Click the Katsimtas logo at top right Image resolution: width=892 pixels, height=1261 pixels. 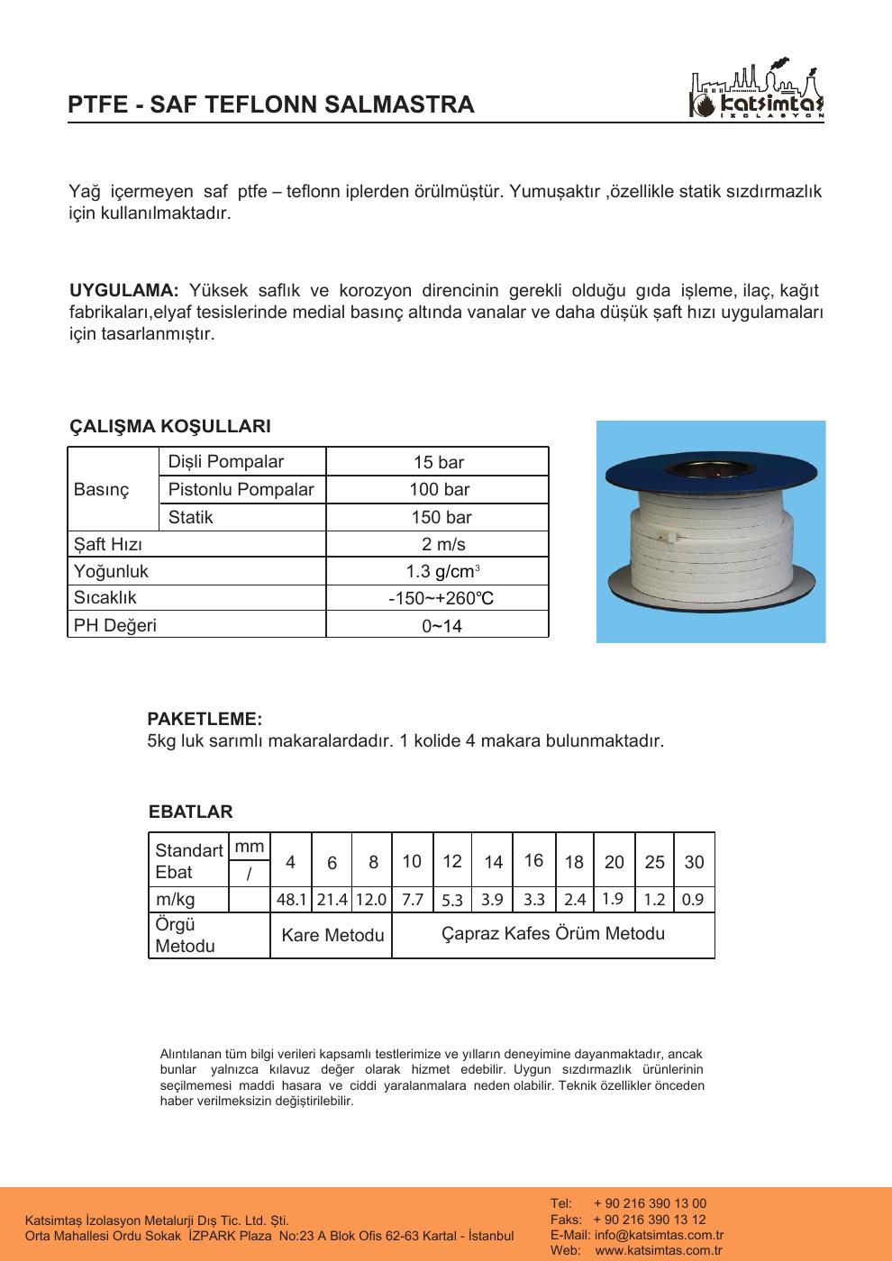(x=756, y=93)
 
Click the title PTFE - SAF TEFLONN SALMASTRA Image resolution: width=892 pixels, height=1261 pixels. (x=271, y=104)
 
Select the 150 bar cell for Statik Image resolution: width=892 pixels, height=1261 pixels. (x=438, y=518)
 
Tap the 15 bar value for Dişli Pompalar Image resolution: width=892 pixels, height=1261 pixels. (x=438, y=463)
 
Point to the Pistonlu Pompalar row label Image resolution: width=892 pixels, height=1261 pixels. (x=241, y=490)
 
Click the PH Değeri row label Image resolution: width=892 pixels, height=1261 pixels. (x=114, y=625)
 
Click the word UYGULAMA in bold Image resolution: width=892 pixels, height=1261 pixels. (x=124, y=291)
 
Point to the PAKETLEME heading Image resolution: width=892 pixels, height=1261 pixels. (x=205, y=720)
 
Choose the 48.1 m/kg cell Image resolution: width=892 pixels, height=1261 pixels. (x=292, y=900)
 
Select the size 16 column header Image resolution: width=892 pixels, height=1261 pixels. (x=533, y=860)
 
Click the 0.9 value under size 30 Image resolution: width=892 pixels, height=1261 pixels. (x=693, y=900)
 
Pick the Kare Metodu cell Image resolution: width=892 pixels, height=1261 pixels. (x=332, y=936)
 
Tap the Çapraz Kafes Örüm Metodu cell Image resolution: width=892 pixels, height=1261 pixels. (x=553, y=934)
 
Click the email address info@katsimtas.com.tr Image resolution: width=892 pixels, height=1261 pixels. (x=659, y=1235)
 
